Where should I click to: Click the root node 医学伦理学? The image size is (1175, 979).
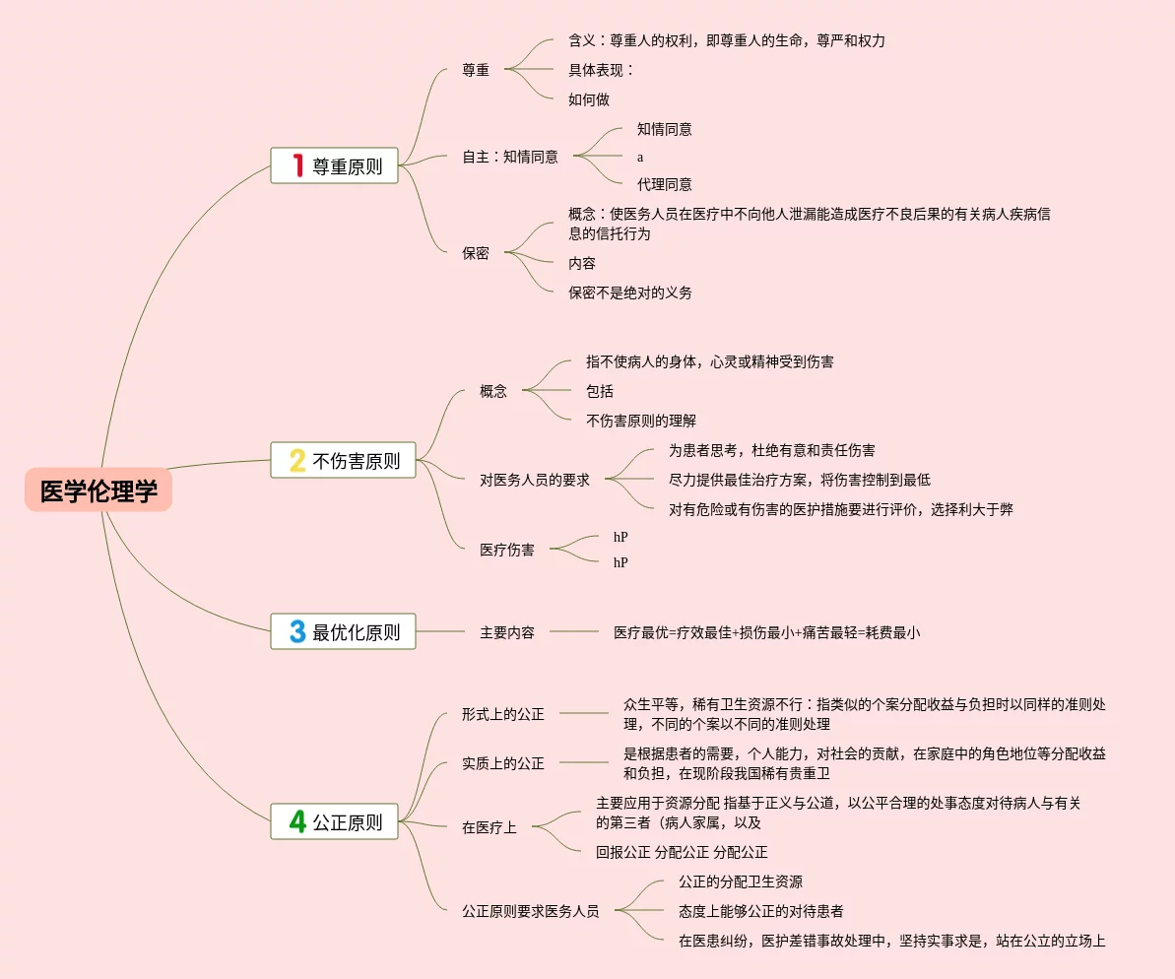pos(98,489)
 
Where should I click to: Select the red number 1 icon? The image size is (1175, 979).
pos(297,165)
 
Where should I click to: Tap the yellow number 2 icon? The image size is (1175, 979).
pos(297,460)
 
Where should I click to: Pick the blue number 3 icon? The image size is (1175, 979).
pos(297,631)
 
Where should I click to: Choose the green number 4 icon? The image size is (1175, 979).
pos(297,821)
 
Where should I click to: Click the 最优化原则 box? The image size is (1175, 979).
pos(343,631)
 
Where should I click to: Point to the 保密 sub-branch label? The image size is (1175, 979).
pos(476,253)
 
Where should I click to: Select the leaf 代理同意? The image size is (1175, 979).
pos(664,184)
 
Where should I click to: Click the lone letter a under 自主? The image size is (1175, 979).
pos(640,157)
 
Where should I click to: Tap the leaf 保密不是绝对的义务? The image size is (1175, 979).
pos(630,293)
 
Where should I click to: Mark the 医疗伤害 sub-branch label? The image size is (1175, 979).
pos(507,550)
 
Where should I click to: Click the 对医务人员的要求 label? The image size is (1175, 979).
pos(535,480)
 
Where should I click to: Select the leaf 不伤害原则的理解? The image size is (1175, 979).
pos(641,421)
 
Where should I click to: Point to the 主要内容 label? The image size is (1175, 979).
pos(507,632)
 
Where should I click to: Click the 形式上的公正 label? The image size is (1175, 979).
pos(503,714)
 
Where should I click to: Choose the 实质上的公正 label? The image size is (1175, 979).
pos(503,763)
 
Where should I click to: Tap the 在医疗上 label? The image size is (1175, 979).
pos(490,827)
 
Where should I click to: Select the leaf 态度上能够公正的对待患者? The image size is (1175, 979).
pos(760,911)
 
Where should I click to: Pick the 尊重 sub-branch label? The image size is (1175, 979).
pos(476,70)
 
